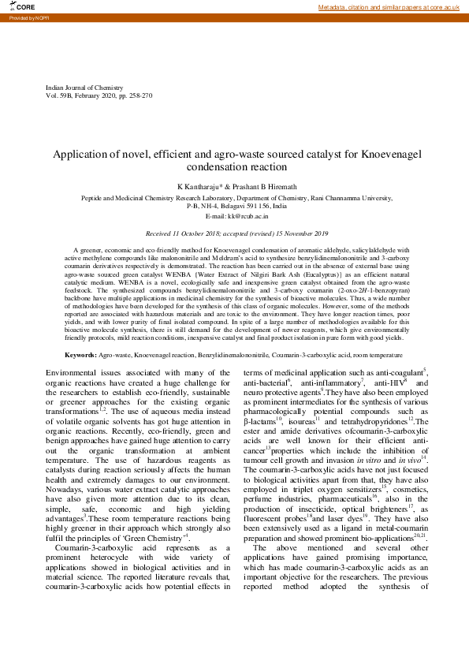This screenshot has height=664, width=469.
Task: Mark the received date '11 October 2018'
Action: [192, 234]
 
